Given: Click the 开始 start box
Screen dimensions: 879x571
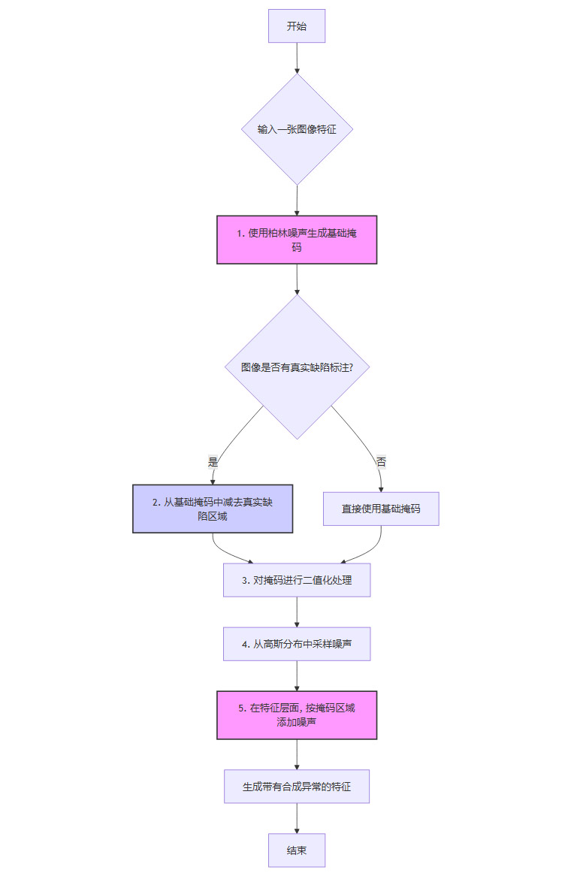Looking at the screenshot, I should (x=297, y=26).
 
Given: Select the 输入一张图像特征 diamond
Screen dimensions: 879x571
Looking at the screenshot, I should (x=297, y=129).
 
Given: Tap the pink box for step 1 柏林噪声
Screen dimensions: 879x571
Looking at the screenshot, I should (x=297, y=240).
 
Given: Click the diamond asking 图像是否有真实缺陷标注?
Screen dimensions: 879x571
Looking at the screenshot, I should (x=297, y=367).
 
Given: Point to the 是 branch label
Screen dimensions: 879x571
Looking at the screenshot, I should (x=213, y=462).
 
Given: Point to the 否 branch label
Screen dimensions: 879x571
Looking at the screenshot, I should (x=381, y=462).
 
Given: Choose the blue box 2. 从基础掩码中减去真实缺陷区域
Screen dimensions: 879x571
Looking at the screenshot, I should (x=213, y=509).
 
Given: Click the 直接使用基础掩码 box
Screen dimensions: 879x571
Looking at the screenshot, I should (x=381, y=509).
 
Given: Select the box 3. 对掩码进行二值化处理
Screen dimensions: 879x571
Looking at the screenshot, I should (x=297, y=580).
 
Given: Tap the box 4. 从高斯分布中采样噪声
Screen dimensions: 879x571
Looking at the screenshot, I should (x=297, y=644).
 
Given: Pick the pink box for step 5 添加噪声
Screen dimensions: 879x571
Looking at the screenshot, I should (x=297, y=715).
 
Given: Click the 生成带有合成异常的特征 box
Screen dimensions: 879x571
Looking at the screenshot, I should (x=297, y=787).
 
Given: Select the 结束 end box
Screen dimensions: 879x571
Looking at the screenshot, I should (x=297, y=850).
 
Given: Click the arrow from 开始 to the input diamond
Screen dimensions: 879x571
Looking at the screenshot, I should (x=297, y=58).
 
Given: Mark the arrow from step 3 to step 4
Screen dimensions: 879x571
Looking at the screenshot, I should (x=297, y=612).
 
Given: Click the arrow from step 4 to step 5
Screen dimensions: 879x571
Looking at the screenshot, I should (x=297, y=676).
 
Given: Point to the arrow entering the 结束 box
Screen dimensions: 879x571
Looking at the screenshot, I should (x=297, y=819).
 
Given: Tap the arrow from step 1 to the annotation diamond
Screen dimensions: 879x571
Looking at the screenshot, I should (x=297, y=279).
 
